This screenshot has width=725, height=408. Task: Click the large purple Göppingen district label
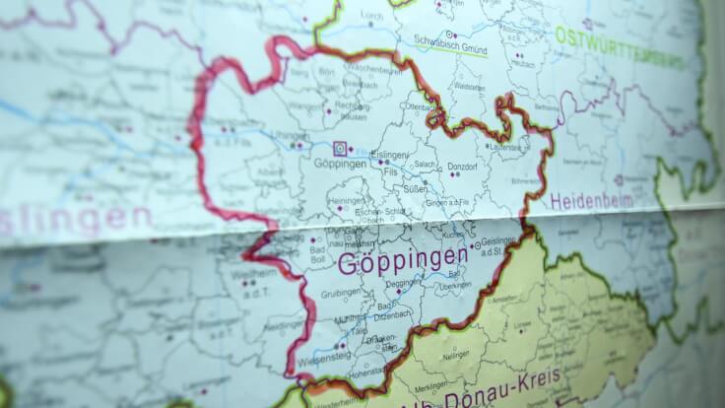(402, 261)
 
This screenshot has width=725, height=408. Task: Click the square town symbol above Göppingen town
(340, 149)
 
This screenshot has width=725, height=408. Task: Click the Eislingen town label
(388, 156)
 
